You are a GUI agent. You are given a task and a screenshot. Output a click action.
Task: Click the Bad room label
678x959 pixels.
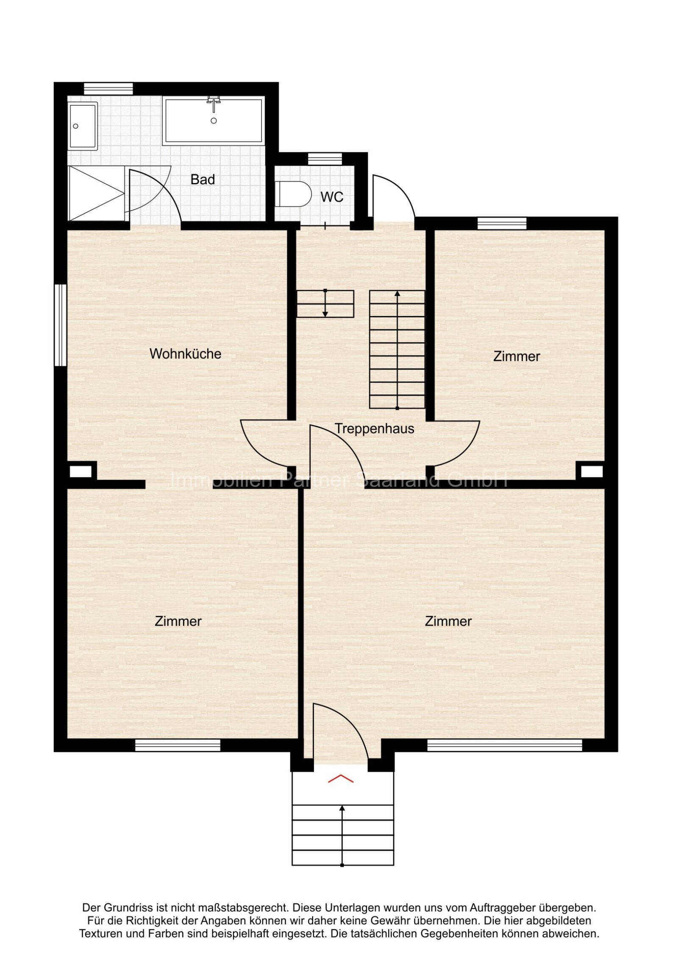pos(203,180)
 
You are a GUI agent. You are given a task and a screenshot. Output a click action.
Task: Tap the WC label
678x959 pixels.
pos(331,197)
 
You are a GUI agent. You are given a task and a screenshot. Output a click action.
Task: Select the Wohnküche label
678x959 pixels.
pos(185,354)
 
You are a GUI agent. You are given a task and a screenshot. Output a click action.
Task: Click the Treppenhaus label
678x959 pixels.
pos(374,429)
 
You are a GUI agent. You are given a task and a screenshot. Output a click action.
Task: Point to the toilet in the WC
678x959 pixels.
pos(293,194)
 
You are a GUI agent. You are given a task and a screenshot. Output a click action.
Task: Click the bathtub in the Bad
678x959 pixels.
pos(214,121)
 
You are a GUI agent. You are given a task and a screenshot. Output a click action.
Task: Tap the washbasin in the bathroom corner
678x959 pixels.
pos(83,125)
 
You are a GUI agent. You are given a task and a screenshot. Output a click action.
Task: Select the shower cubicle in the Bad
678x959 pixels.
pos(96,193)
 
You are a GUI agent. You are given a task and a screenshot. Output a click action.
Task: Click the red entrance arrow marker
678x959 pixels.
pos(341,779)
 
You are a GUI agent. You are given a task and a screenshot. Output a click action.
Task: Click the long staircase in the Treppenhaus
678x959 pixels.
pos(397,349)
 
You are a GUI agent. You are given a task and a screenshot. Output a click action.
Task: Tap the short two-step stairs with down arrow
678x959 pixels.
pos(325,304)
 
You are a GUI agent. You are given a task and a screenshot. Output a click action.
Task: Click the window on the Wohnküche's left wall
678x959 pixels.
pos(60,325)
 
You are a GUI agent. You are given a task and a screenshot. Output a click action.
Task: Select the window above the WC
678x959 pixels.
pos(325,159)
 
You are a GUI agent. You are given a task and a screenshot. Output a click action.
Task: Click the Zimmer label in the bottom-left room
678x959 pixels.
pos(178,621)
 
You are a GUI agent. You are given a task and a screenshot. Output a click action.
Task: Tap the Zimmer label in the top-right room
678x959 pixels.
pos(516,356)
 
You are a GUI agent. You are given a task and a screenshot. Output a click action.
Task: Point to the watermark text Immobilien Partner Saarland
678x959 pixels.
pos(339,480)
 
